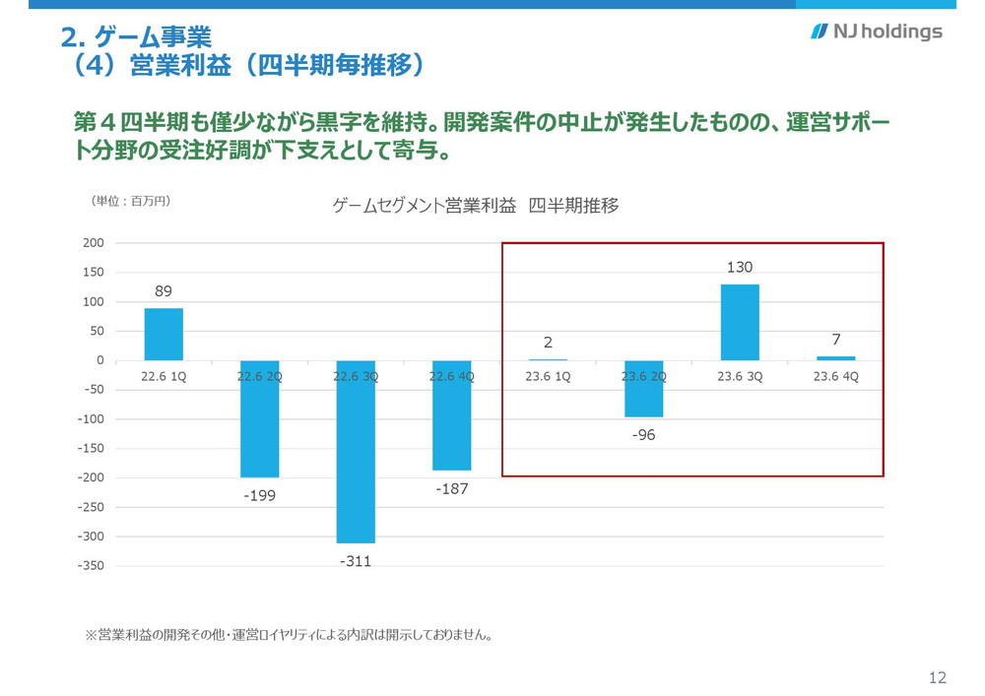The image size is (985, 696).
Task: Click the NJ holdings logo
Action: (x=876, y=32)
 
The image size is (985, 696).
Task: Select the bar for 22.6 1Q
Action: (x=164, y=334)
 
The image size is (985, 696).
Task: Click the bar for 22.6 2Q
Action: (x=260, y=418)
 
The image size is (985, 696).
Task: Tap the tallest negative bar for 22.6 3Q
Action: (x=356, y=452)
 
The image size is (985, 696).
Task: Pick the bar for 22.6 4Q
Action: (x=451, y=415)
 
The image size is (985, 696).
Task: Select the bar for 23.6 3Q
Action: (x=740, y=322)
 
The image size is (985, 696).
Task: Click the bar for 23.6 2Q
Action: (x=644, y=389)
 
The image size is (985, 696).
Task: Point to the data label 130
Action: (x=740, y=267)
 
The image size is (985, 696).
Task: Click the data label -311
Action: (x=356, y=561)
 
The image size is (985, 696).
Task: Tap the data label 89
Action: (x=164, y=291)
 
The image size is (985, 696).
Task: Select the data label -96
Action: (x=644, y=435)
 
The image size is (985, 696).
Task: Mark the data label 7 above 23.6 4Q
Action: (x=835, y=340)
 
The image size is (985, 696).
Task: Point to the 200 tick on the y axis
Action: (x=95, y=242)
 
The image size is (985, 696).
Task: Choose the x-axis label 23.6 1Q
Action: (x=548, y=376)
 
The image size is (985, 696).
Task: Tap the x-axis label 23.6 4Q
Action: (x=835, y=376)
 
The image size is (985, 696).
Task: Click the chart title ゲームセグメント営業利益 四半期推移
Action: (x=476, y=207)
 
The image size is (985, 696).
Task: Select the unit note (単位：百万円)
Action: (x=131, y=201)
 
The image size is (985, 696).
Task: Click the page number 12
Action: (x=937, y=677)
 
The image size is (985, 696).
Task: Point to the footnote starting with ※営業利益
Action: (x=290, y=635)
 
